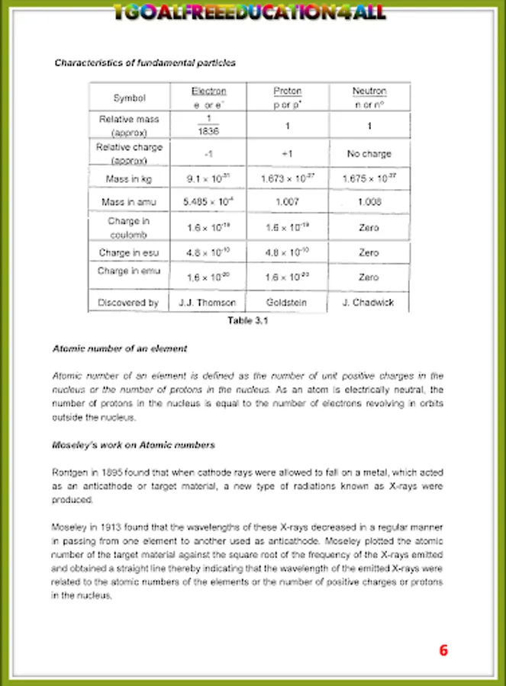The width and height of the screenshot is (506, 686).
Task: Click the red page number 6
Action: (443, 650)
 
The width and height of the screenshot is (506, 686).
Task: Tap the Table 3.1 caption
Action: (248, 320)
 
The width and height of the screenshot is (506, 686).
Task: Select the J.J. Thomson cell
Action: (208, 303)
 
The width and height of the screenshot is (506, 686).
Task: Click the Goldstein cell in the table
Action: (286, 303)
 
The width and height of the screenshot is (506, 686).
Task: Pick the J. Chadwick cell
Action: (369, 303)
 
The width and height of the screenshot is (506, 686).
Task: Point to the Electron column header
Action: (208, 91)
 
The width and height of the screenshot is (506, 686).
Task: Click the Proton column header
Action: (287, 91)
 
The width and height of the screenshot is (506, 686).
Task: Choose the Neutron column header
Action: (369, 91)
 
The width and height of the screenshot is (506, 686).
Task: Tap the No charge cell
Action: (369, 153)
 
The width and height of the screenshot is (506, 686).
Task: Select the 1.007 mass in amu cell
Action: (286, 202)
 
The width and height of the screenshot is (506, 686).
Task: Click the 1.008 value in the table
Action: (369, 202)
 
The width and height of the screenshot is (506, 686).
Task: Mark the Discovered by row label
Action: (128, 303)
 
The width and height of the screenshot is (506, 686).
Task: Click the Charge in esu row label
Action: (128, 252)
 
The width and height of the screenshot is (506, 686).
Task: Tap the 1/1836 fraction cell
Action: (208, 125)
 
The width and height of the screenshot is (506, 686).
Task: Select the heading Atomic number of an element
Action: (119, 348)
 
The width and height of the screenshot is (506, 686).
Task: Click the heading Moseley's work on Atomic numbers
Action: (133, 444)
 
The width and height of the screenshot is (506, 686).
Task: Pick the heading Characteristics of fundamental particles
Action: (144, 63)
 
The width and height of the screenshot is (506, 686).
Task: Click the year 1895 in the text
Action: (111, 473)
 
